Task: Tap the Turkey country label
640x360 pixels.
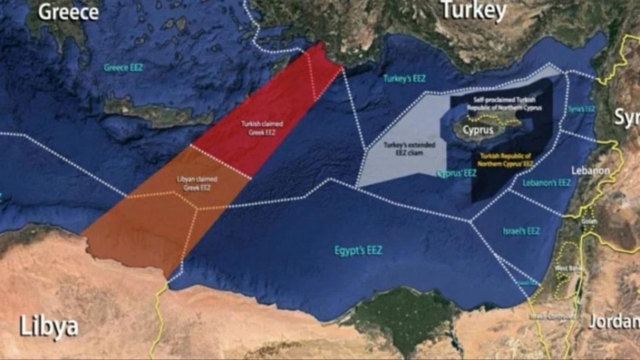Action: click(x=473, y=10)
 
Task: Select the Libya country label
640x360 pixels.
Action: click(x=49, y=327)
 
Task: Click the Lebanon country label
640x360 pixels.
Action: click(x=591, y=170)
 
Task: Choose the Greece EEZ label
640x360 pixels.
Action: click(x=123, y=68)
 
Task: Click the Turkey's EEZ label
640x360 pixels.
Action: click(x=405, y=78)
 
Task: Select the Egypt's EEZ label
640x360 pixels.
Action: click(x=358, y=251)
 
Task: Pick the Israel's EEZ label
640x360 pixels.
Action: click(x=521, y=231)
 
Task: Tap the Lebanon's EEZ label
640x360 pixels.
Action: click(x=547, y=183)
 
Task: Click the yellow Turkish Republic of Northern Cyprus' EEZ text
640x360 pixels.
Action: click(x=505, y=160)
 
